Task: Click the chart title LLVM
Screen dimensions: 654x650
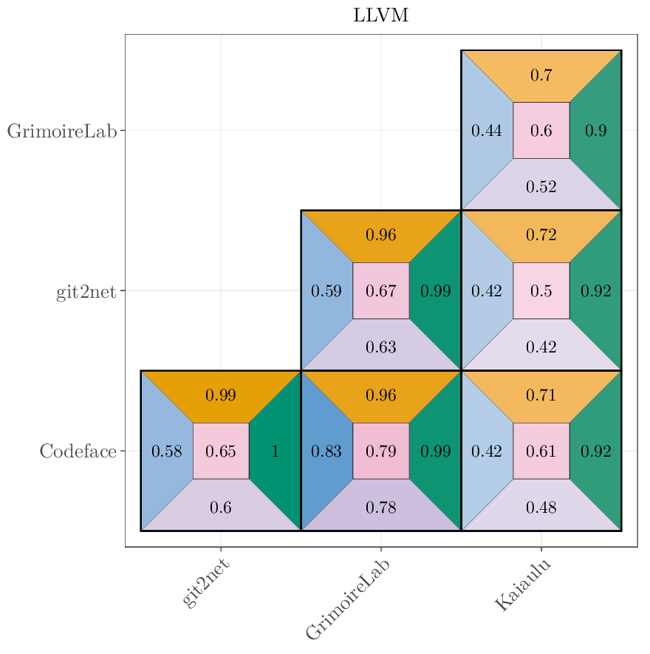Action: pos(380,16)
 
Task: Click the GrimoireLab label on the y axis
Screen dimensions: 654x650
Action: pos(62,131)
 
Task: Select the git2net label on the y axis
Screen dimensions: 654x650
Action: pos(86,291)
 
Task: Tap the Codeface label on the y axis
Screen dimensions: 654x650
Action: pos(78,451)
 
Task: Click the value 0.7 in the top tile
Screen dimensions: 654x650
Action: pos(541,75)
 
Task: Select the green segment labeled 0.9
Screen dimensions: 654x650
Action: pos(596,131)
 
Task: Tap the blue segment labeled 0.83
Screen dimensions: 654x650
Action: pos(326,451)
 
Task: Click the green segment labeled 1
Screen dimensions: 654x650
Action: pos(276,451)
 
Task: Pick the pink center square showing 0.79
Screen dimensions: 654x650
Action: pos(381,451)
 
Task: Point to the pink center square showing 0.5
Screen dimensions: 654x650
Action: pos(541,291)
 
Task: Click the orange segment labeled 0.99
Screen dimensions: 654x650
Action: pos(220,395)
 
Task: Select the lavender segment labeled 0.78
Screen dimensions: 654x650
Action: pos(381,507)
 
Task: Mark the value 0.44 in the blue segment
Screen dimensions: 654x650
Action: pos(486,131)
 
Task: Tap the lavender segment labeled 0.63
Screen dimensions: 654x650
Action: pos(381,347)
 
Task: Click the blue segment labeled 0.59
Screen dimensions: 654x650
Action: pos(326,291)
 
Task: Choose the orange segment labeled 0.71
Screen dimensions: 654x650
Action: pos(541,395)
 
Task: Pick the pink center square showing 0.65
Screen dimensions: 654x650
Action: pos(220,451)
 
